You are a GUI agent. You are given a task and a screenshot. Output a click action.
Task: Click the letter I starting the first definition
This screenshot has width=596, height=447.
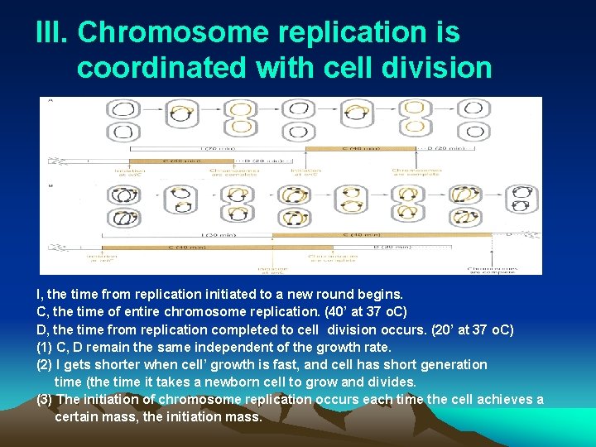point(39,294)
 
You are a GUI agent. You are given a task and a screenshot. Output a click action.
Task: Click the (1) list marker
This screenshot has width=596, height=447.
point(45,348)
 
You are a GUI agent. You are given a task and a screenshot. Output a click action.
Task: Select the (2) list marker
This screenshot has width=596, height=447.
point(45,365)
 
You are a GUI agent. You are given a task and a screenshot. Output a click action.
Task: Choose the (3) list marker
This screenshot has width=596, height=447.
point(45,400)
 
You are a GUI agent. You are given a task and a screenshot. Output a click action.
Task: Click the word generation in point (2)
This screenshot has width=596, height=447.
point(454,365)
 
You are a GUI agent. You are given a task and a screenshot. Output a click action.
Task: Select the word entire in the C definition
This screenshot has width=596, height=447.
point(149,312)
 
